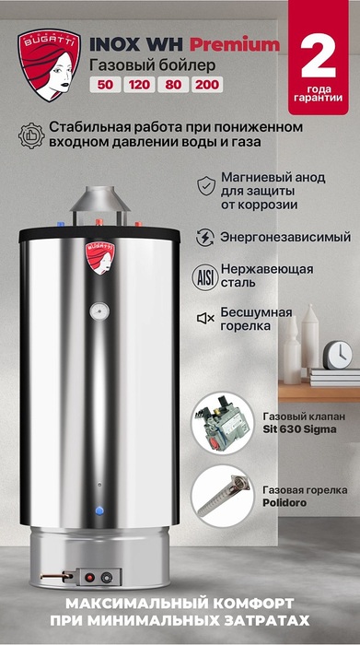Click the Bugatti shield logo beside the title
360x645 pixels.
pyautogui.click(x=49, y=65)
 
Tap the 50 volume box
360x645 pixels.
pyautogui.click(x=105, y=85)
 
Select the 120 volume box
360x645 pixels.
pyautogui.click(x=139, y=85)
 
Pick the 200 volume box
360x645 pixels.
pyautogui.click(x=207, y=85)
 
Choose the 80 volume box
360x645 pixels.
pyautogui.click(x=173, y=85)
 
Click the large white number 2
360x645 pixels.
pyautogui.click(x=319, y=57)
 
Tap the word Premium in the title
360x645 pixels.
pyautogui.click(x=234, y=45)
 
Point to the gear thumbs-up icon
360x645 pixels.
pyautogui.click(x=31, y=135)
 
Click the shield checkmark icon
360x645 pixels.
pyautogui.click(x=206, y=185)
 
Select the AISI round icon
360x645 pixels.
pyautogui.click(x=204, y=278)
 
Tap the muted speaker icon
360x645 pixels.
pyautogui.click(x=205, y=318)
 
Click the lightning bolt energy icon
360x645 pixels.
pyautogui.click(x=204, y=238)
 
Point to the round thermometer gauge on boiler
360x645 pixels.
pyautogui.click(x=99, y=311)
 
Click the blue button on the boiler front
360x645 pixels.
pyautogui.click(x=99, y=510)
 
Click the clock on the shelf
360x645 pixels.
pyautogui.click(x=338, y=355)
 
